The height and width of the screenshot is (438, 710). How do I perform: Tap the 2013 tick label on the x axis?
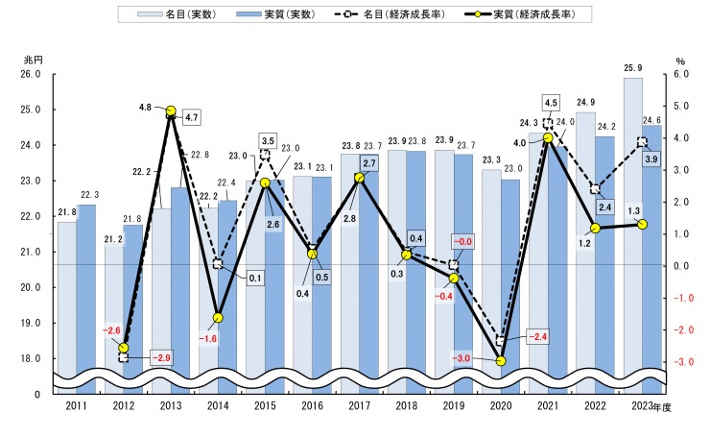170,407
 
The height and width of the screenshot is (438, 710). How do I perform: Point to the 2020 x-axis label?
500,407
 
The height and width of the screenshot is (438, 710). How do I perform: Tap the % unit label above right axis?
679,60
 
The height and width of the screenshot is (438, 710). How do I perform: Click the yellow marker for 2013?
171,111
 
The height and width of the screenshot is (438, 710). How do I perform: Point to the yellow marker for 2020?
500,361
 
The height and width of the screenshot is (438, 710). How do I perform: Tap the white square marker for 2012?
124,357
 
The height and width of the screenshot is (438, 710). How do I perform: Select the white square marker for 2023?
642,141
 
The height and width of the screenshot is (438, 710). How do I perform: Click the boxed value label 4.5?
551,102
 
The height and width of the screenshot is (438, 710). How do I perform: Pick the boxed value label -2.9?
159,357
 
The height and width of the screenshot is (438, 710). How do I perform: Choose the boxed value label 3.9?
651,158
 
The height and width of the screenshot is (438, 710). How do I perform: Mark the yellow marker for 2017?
359,178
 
